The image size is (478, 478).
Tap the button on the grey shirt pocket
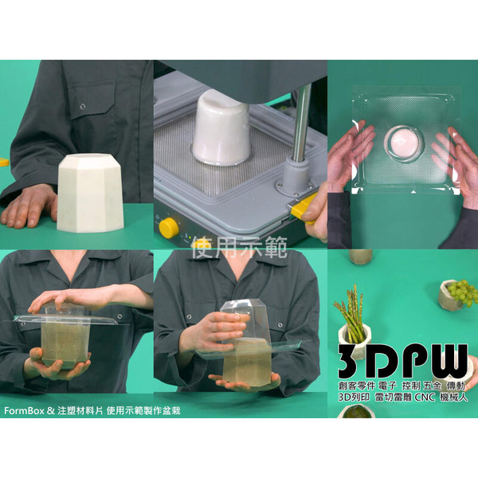tap(83, 105)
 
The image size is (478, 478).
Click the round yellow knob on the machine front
tap(169, 228)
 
